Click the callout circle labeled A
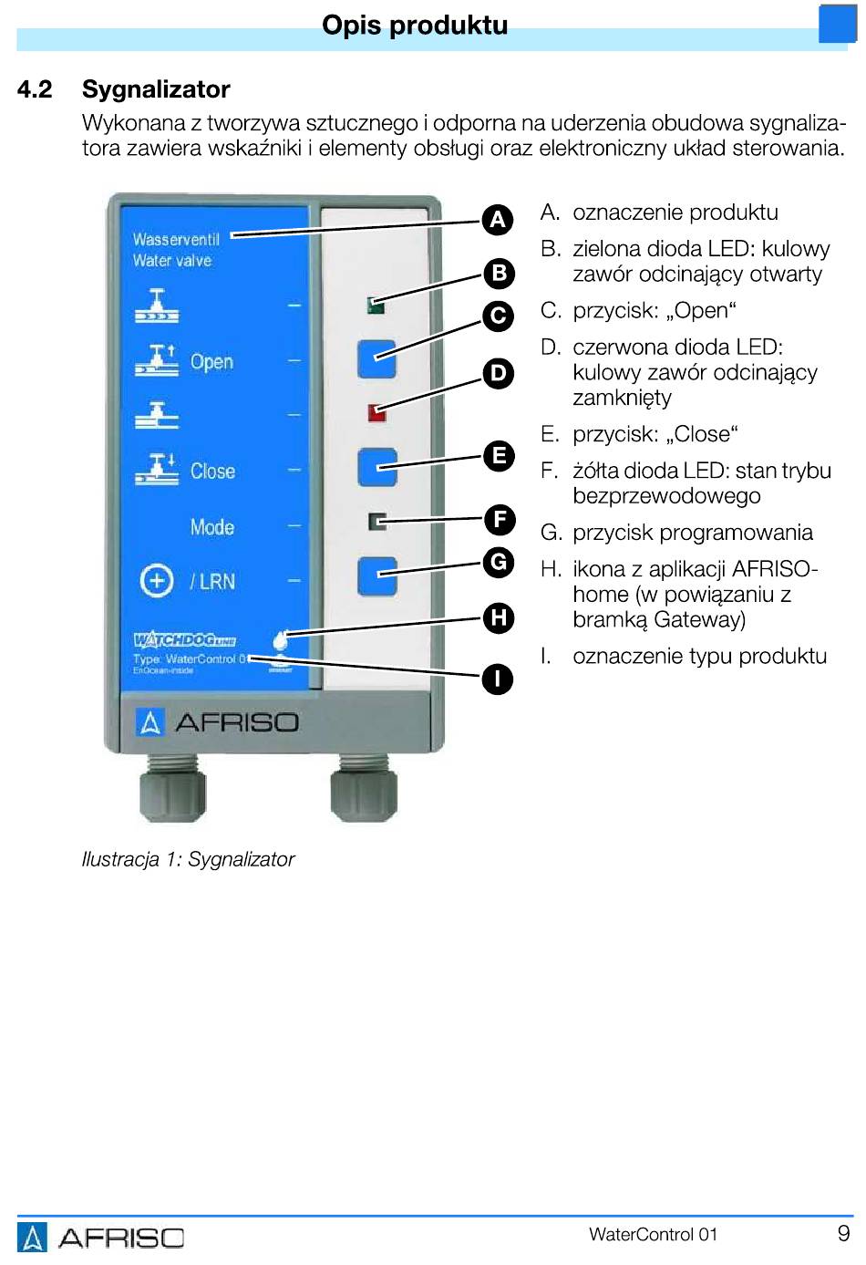498,220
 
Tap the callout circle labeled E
499,456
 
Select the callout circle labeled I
498,679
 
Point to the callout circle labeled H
499,617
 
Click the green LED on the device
376,306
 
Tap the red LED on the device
376,413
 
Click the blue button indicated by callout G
377,576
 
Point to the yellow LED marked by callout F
377,522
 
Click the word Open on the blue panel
211,362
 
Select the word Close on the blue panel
212,472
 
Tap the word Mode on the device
212,527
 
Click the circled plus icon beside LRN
157,581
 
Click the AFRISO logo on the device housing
218,722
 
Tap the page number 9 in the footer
843,1234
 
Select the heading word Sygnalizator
156,89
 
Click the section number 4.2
35,89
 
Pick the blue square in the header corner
837,24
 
